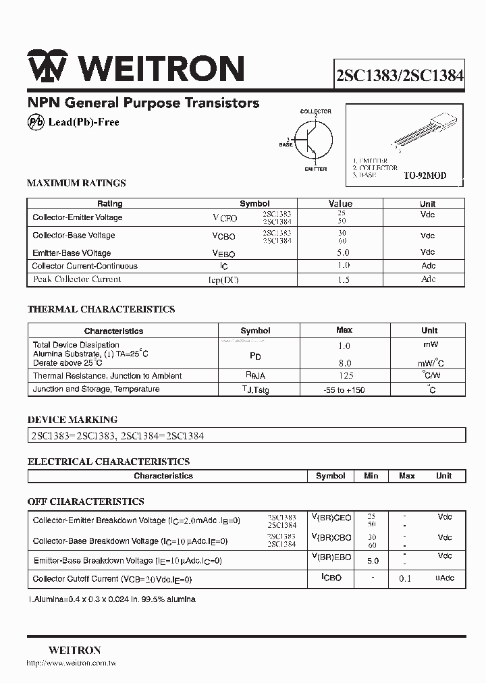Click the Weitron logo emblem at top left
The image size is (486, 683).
click(x=47, y=68)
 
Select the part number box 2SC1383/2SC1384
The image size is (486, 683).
click(x=400, y=76)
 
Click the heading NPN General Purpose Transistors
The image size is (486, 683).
click(x=143, y=103)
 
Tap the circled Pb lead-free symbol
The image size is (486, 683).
click(x=35, y=122)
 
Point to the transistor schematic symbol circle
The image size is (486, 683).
click(x=313, y=140)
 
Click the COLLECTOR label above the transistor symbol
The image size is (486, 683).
click(x=315, y=111)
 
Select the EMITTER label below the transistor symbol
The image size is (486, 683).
click(x=315, y=169)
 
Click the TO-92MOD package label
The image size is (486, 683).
click(x=425, y=175)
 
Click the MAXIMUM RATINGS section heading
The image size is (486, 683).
click(x=76, y=183)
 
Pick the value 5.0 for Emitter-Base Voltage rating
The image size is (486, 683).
click(x=343, y=252)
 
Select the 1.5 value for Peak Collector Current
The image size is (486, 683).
click(x=343, y=279)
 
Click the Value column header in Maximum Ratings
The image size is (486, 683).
click(x=340, y=203)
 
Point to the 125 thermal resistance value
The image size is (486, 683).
click(x=344, y=376)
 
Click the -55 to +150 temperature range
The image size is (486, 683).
click(x=344, y=390)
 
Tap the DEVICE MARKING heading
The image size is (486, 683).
click(x=72, y=419)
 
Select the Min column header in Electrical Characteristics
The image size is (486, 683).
click(x=371, y=476)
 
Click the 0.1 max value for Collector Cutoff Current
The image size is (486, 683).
click(x=405, y=579)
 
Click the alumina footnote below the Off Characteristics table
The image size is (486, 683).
click(x=112, y=599)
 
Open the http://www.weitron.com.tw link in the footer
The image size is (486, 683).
click(x=72, y=663)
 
